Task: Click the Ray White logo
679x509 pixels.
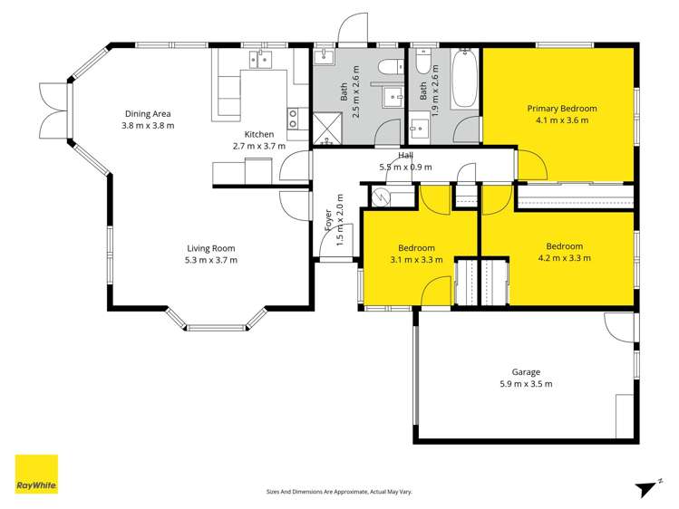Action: pos(36,474)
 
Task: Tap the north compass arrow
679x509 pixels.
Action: pos(645,488)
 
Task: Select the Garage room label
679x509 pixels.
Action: pos(526,371)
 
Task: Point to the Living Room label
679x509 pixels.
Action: pos(211,248)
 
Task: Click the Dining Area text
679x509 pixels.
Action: pos(148,113)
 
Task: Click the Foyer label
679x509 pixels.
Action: pos(328,220)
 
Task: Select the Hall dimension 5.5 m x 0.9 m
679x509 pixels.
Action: pos(405,167)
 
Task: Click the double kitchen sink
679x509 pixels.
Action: pos(259,60)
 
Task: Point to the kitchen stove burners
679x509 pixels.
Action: pos(293,116)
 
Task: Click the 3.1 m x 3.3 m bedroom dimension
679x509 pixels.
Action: pos(416,260)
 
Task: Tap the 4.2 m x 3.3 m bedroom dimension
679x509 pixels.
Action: pos(564,258)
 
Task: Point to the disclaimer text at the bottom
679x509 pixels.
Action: pos(339,492)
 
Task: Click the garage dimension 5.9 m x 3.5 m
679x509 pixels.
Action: pos(526,384)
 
